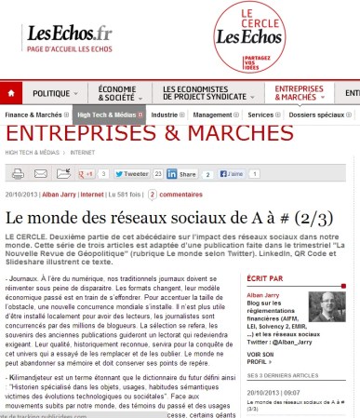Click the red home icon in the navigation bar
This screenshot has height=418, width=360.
pyautogui.click(x=12, y=95)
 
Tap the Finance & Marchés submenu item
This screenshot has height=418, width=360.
pyautogui.click(x=35, y=115)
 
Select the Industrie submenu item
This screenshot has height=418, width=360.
pyautogui.click(x=167, y=115)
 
